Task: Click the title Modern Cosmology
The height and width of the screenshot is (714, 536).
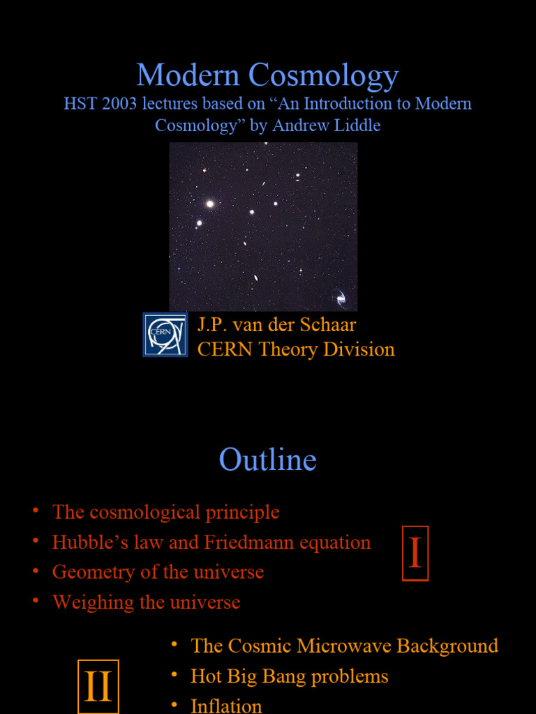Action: coord(267,76)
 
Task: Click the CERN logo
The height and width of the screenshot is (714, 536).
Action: coord(165,335)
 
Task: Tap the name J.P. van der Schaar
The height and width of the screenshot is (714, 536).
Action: coord(276,325)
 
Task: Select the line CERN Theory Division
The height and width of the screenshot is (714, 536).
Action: coord(296,349)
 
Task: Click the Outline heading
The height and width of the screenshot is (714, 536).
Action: coord(267,460)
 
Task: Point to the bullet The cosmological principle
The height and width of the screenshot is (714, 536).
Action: coord(165,512)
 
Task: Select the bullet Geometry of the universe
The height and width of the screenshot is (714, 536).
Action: coord(158,572)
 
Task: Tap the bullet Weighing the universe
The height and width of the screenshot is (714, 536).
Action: coord(146,602)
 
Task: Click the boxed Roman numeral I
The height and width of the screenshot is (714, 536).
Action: coord(415,554)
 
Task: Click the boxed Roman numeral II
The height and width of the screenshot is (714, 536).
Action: coord(98,687)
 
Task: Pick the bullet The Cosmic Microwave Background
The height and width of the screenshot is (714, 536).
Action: coord(344,646)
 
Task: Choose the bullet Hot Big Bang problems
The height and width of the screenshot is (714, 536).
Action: coord(289,676)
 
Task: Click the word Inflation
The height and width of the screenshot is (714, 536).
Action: coord(226,706)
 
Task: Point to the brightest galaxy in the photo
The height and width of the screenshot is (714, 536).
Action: coord(209,204)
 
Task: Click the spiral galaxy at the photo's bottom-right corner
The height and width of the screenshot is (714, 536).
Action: coord(341,298)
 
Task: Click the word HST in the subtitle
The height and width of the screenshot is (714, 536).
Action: coord(79,104)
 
